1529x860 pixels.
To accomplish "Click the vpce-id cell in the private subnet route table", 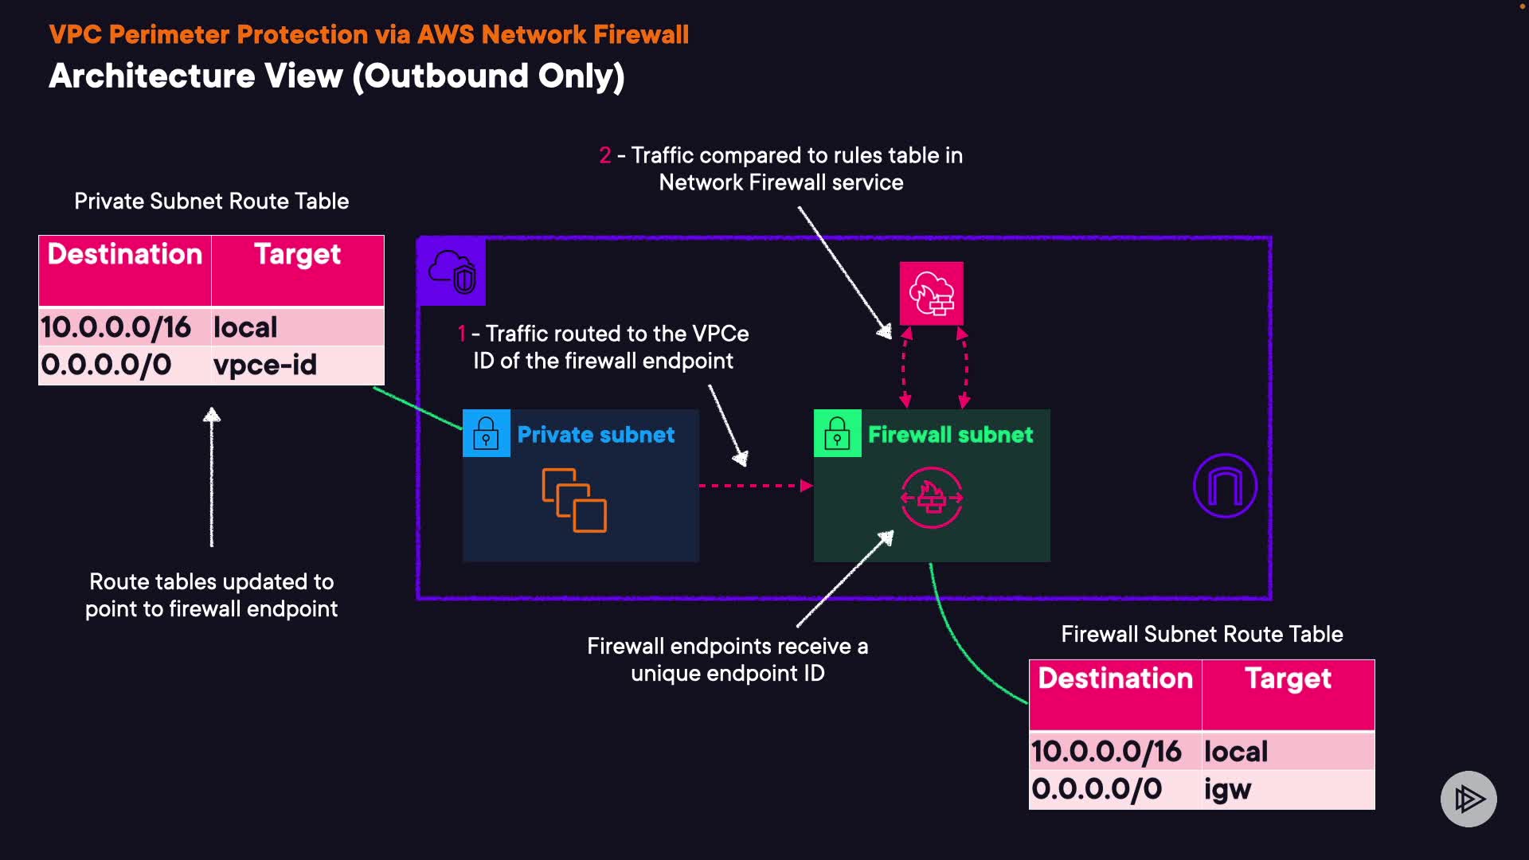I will (265, 365).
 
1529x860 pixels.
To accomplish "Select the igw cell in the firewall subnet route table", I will (1227, 789).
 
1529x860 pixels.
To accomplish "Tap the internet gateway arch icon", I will (1225, 486).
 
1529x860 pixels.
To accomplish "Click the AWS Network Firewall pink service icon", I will (931, 294).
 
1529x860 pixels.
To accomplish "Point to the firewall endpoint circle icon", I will (931, 498).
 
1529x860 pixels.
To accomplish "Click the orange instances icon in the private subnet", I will (574, 500).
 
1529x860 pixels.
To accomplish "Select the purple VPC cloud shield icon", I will (452, 272).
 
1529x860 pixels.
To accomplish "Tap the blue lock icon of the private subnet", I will (486, 434).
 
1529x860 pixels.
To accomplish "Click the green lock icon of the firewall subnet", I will (837, 434).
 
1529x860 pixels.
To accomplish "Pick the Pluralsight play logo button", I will (1468, 799).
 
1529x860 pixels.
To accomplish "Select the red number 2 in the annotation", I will (605, 155).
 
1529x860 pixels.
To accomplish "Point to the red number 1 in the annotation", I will (461, 334).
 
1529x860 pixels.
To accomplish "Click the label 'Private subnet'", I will (596, 435).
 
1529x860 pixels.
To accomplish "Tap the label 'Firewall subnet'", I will (950, 435).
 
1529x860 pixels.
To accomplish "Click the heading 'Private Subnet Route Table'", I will (211, 201).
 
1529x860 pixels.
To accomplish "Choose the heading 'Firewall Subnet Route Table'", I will (1202, 635).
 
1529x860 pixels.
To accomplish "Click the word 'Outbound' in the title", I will (446, 76).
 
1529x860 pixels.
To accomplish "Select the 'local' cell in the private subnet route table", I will (245, 327).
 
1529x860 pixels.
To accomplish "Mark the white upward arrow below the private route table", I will (212, 477).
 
